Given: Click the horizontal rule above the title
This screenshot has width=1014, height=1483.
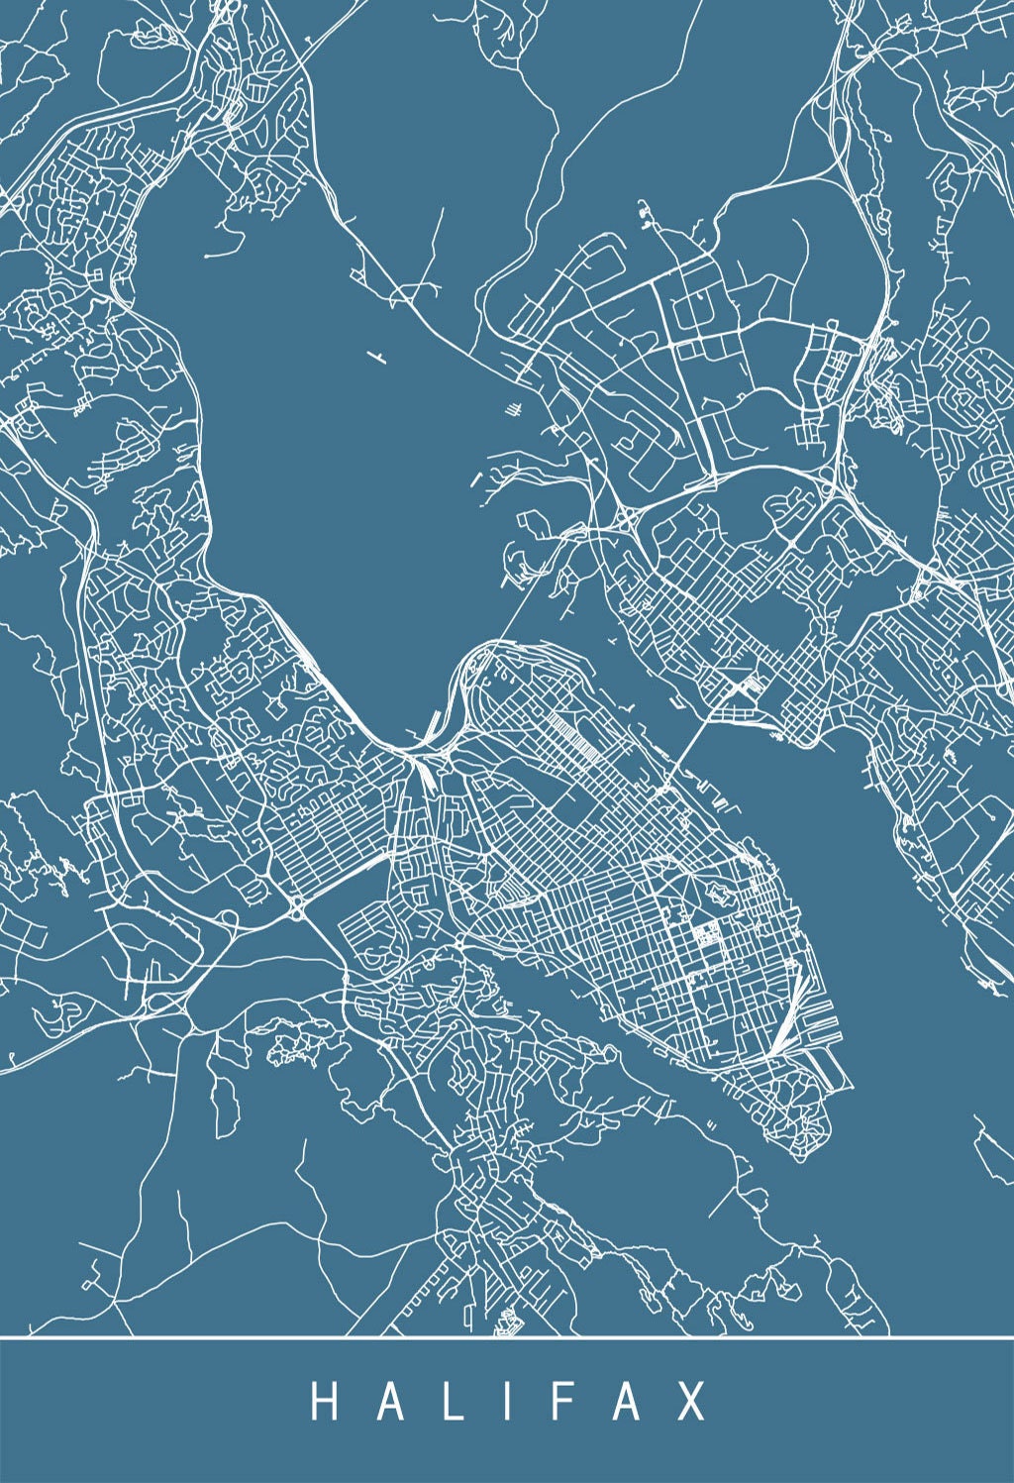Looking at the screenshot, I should pyautogui.click(x=507, y=1336).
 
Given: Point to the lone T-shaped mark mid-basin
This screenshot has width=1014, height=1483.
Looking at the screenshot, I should pyautogui.click(x=375, y=355).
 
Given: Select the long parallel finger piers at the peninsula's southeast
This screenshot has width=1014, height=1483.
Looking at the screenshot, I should pyautogui.click(x=822, y=1065).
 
